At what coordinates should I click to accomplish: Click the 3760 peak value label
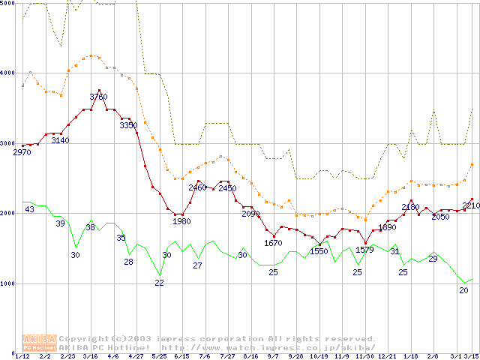[x=98, y=97]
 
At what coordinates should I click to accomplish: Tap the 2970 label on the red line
[x=22, y=152]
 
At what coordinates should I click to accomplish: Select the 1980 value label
[x=181, y=221]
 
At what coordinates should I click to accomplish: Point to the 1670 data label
[x=273, y=243]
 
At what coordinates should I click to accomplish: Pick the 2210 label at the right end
[x=471, y=205]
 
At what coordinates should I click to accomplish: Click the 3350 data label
[x=128, y=125]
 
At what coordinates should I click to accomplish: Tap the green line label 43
[x=29, y=209]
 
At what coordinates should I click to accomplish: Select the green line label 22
[x=160, y=283]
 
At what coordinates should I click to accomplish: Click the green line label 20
[x=463, y=290]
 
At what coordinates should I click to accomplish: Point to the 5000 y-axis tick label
[x=8, y=4]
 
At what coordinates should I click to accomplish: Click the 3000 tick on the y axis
[x=8, y=143]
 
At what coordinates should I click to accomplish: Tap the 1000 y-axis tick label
[x=8, y=283]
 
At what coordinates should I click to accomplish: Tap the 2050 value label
[x=440, y=217]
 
